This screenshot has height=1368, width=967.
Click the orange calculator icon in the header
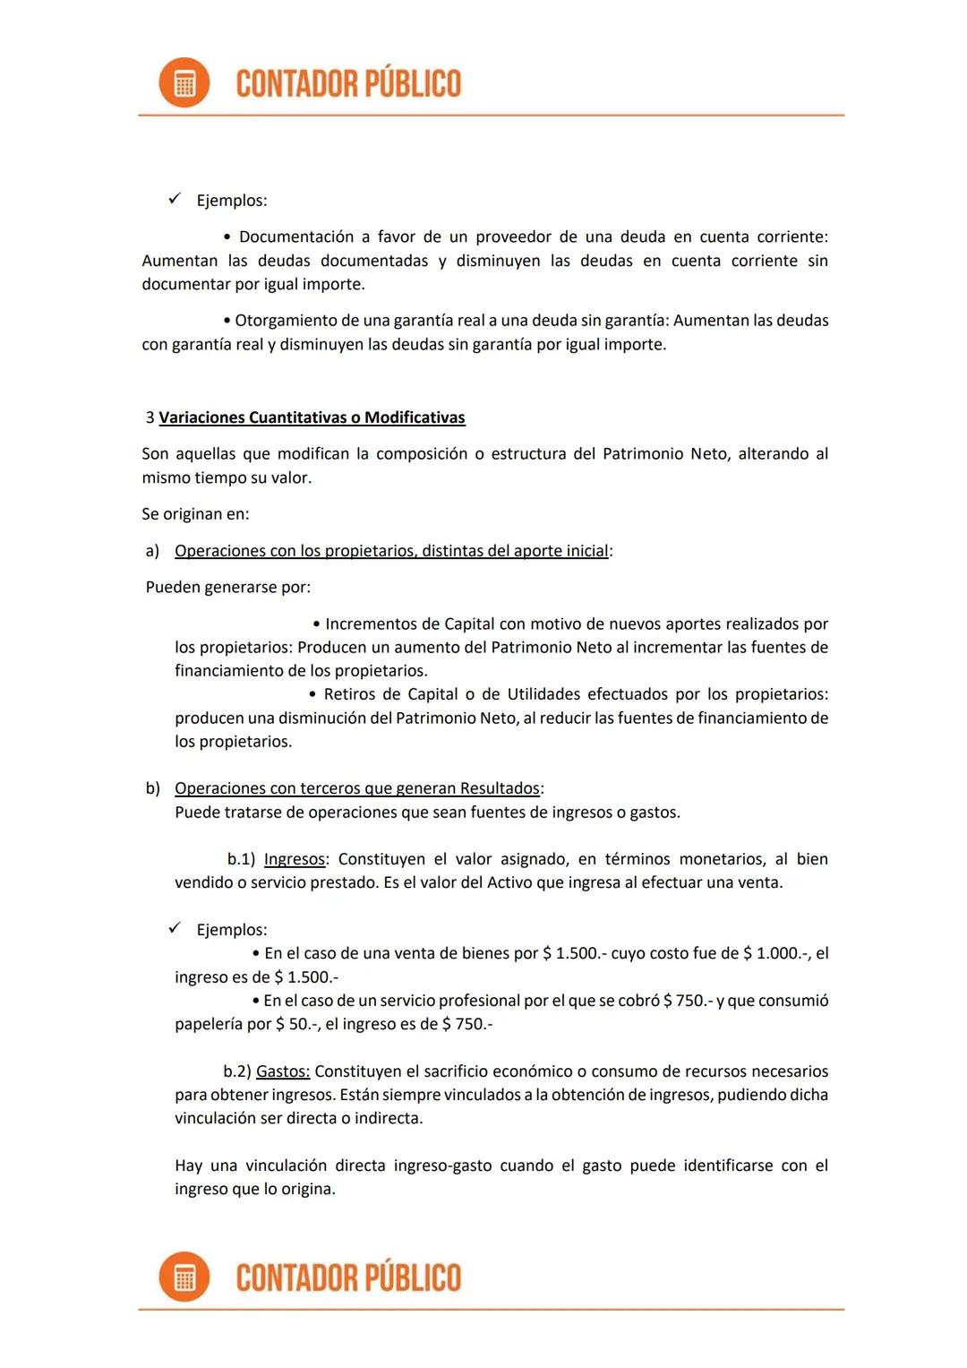click(x=184, y=83)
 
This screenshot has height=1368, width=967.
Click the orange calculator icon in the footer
click(x=184, y=1277)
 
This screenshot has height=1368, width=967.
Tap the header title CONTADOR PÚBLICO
click(x=348, y=83)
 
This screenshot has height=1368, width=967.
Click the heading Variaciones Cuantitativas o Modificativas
click(x=312, y=417)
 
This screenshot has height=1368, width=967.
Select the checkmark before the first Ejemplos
click(x=175, y=199)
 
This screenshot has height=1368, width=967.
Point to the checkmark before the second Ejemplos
click(x=175, y=928)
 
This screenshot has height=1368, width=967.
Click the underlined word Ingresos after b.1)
click(x=294, y=859)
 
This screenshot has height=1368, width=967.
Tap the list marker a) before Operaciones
click(x=152, y=551)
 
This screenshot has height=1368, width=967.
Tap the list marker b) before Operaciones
click(x=152, y=788)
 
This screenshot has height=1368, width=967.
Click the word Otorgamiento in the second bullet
click(x=285, y=321)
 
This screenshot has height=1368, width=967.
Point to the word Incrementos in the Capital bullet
click(x=371, y=624)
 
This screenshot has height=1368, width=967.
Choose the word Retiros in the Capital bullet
click(x=352, y=694)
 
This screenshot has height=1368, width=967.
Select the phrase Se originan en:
click(x=195, y=514)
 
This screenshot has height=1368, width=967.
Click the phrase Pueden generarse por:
click(x=228, y=588)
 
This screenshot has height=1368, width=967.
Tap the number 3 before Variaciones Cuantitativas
click(x=150, y=417)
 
